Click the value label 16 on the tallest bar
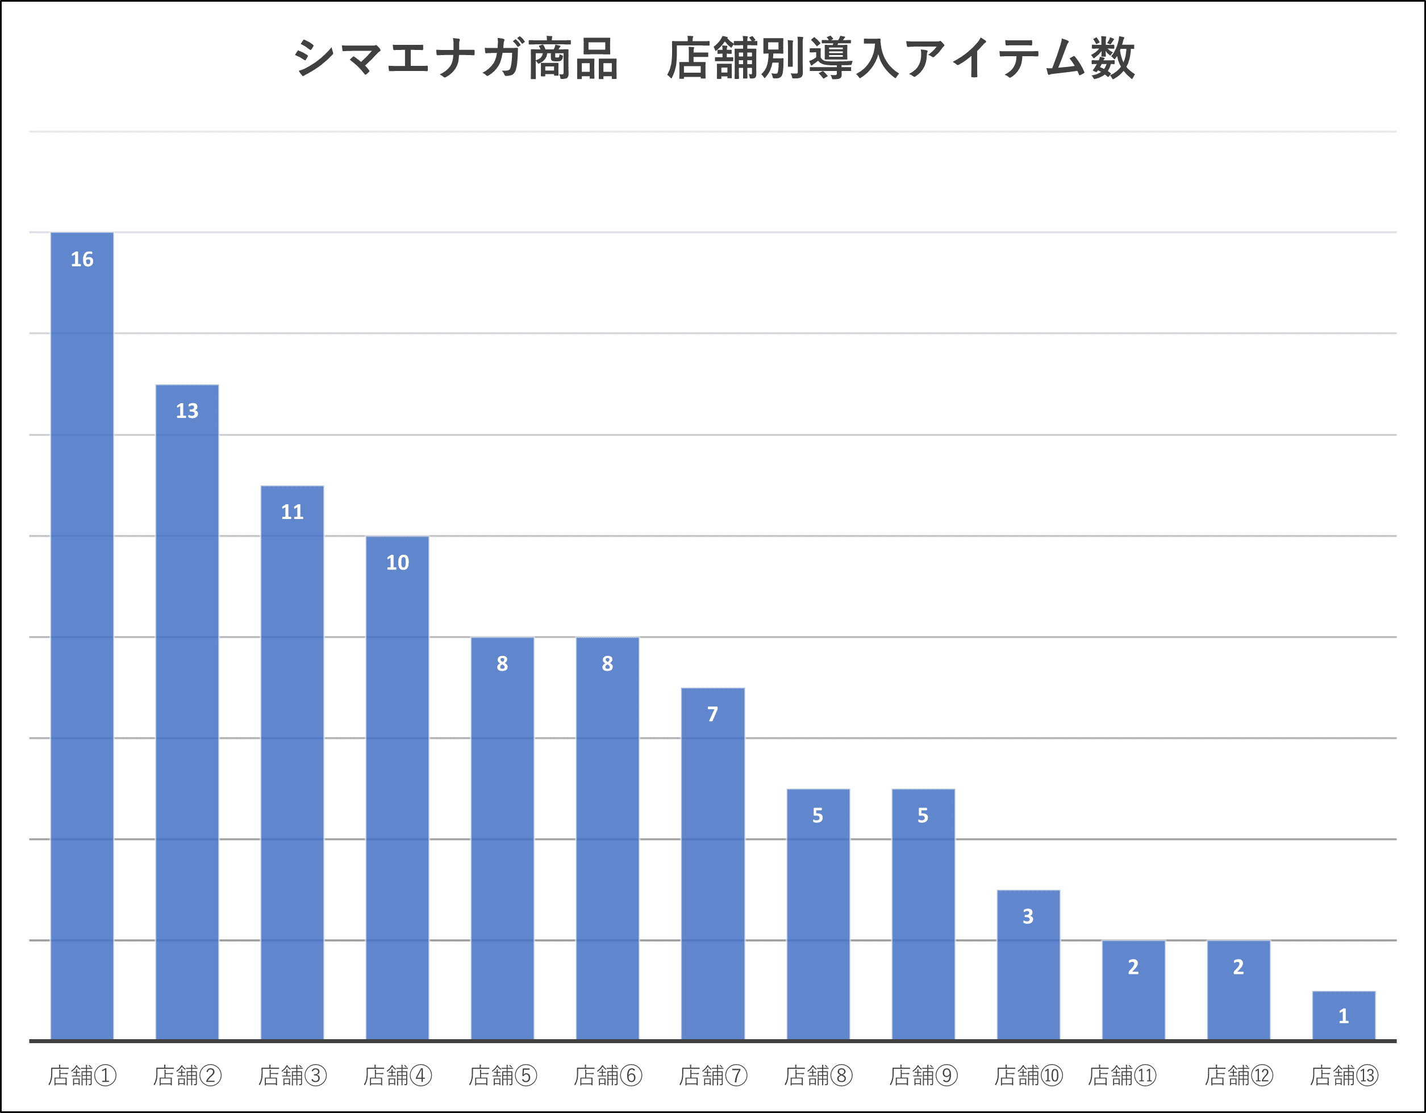click(82, 259)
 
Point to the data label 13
click(187, 411)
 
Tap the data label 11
click(292, 512)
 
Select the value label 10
click(397, 562)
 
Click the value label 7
click(712, 714)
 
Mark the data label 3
click(1028, 917)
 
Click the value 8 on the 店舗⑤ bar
click(502, 663)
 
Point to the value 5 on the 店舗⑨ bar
click(923, 815)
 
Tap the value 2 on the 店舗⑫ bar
click(1238, 966)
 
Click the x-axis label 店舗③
click(292, 1076)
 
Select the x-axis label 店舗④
click(397, 1076)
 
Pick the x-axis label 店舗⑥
click(607, 1076)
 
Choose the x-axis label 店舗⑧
click(818, 1076)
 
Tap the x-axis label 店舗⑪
click(1121, 1076)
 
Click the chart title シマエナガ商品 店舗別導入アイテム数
click(713, 58)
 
